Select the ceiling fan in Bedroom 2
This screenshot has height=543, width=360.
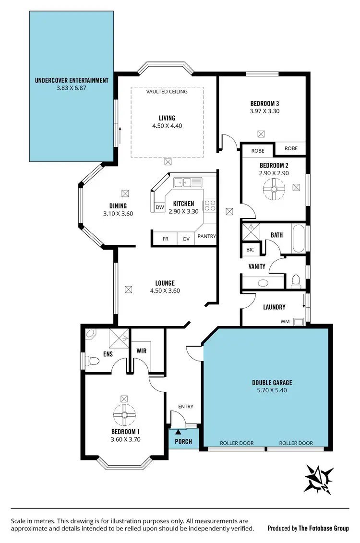(x=274, y=188)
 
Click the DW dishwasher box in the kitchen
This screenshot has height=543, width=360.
(x=160, y=207)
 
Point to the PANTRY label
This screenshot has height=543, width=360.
(x=206, y=237)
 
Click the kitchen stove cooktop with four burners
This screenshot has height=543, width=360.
(x=210, y=205)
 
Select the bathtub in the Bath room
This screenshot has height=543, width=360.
(x=298, y=238)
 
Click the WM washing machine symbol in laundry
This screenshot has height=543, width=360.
(x=299, y=321)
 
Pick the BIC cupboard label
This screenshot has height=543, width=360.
(x=250, y=250)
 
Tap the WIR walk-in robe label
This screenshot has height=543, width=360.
(x=141, y=351)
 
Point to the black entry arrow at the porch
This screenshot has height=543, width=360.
(x=178, y=433)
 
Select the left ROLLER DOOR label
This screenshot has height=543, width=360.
(x=237, y=443)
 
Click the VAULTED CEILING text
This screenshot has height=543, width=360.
(x=167, y=91)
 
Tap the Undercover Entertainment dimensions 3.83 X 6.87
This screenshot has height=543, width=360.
(x=72, y=88)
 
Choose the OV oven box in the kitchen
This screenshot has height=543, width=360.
(x=186, y=239)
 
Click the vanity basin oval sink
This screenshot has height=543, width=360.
(x=263, y=283)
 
